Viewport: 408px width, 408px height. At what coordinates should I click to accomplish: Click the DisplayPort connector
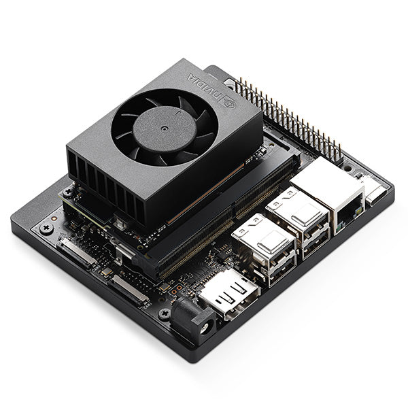(x=228, y=294)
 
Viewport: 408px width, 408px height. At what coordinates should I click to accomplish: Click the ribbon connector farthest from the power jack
(x=80, y=254)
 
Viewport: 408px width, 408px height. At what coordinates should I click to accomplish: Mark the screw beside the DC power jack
(x=164, y=313)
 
